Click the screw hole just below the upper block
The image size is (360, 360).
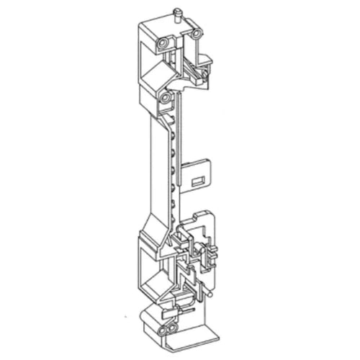click(165, 95)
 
